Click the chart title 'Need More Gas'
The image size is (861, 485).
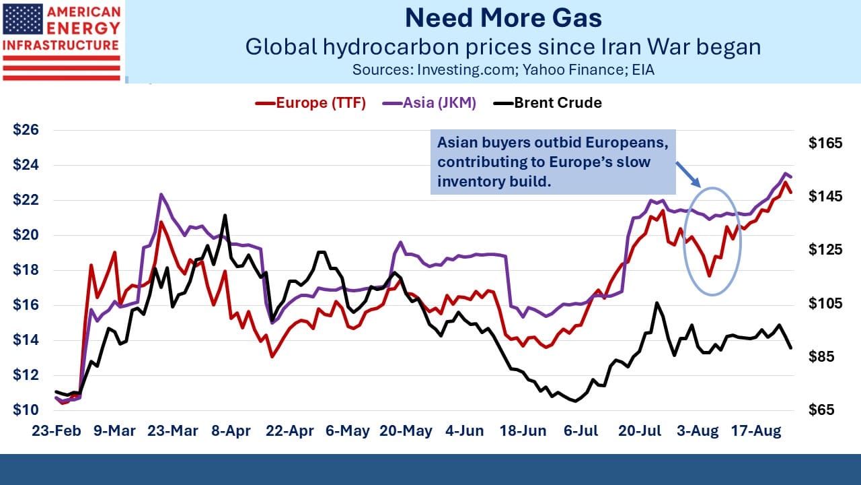[x=503, y=18]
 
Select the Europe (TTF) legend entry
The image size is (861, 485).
[x=311, y=103]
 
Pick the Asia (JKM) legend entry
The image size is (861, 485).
[x=429, y=103]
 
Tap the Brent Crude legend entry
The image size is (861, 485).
[x=548, y=103]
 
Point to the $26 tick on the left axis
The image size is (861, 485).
[x=26, y=130]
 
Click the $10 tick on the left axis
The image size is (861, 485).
[x=26, y=410]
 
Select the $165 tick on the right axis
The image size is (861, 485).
[x=825, y=143]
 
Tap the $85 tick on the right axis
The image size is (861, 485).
[x=821, y=356]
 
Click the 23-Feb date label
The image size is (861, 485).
[x=57, y=430]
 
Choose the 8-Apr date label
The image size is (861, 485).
[x=231, y=430]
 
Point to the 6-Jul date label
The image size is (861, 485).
[x=581, y=430]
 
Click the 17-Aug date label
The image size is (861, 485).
[x=756, y=430]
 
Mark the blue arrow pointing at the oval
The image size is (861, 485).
[x=688, y=174]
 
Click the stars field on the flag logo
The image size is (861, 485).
[x=23, y=19]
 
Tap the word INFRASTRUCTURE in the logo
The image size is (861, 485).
[x=61, y=45]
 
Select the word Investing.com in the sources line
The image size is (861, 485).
[x=465, y=70]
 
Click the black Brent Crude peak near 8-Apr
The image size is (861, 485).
[x=225, y=216]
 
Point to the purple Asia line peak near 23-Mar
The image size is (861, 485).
[x=161, y=195]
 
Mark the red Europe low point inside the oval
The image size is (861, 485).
[x=710, y=276]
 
